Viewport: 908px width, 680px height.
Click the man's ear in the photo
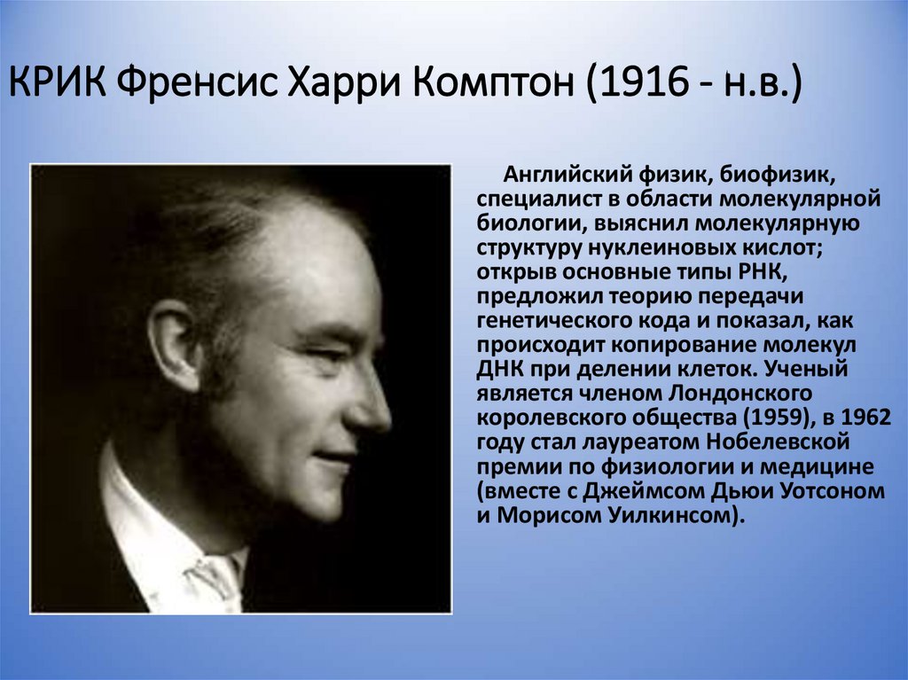pos(174,346)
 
